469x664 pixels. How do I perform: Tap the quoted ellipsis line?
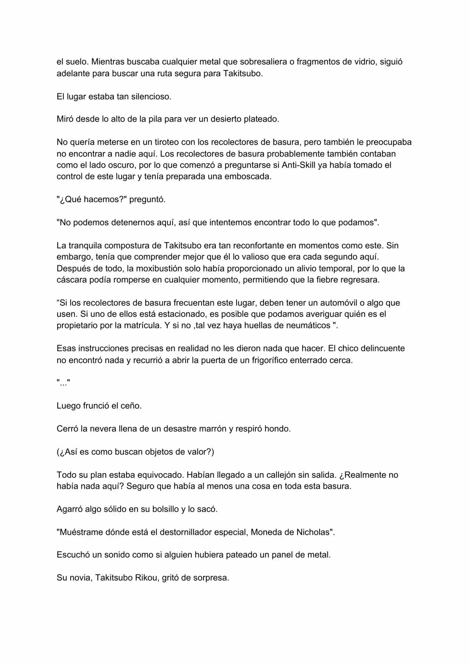pyautogui.click(x=63, y=383)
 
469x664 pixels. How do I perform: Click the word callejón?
pyautogui.click(x=278, y=475)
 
